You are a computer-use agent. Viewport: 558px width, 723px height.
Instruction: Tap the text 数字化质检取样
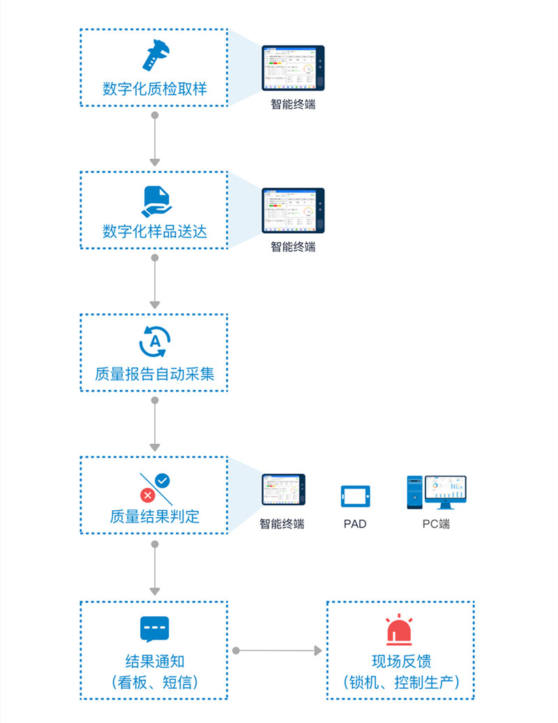click(155, 89)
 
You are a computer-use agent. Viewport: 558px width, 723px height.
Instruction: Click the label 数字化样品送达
click(155, 232)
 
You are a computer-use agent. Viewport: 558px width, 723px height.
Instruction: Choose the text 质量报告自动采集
click(155, 374)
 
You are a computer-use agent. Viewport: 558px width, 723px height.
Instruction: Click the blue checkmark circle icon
click(163, 480)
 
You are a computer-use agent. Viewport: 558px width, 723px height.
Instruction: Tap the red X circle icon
click(147, 495)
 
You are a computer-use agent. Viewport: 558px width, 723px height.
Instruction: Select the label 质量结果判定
click(155, 517)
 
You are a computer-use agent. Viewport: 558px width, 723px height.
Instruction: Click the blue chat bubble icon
click(155, 629)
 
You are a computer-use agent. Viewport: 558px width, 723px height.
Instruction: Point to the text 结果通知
click(155, 661)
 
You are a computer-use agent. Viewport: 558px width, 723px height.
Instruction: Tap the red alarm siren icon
click(400, 630)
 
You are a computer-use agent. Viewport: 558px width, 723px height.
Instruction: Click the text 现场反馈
click(401, 661)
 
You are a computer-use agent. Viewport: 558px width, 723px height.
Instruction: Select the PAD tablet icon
click(355, 496)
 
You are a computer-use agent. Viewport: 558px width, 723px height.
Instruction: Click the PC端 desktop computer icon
click(437, 492)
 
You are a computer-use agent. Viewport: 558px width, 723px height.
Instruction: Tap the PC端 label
click(437, 524)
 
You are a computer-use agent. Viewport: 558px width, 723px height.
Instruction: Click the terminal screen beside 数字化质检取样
click(293, 68)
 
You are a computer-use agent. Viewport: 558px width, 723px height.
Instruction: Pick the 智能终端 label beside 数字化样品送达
click(293, 247)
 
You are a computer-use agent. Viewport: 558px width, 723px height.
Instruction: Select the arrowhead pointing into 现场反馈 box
click(318, 650)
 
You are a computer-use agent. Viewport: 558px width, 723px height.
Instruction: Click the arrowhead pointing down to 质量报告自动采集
click(155, 304)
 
